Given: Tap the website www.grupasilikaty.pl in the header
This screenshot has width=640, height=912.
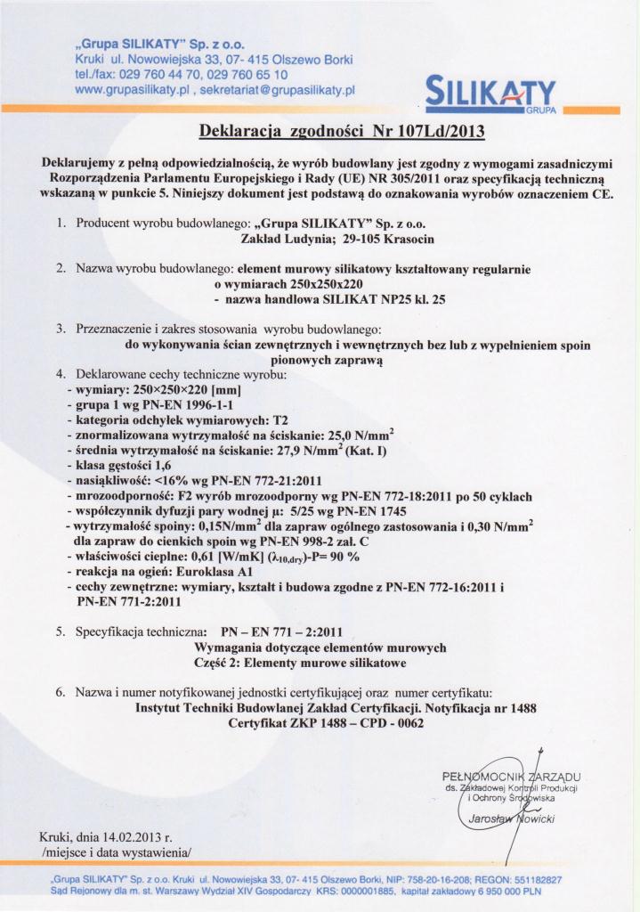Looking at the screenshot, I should (x=133, y=90).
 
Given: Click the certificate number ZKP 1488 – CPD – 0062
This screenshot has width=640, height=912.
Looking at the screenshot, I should (x=351, y=723).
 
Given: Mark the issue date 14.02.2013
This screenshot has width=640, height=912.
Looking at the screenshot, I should (x=132, y=838).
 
